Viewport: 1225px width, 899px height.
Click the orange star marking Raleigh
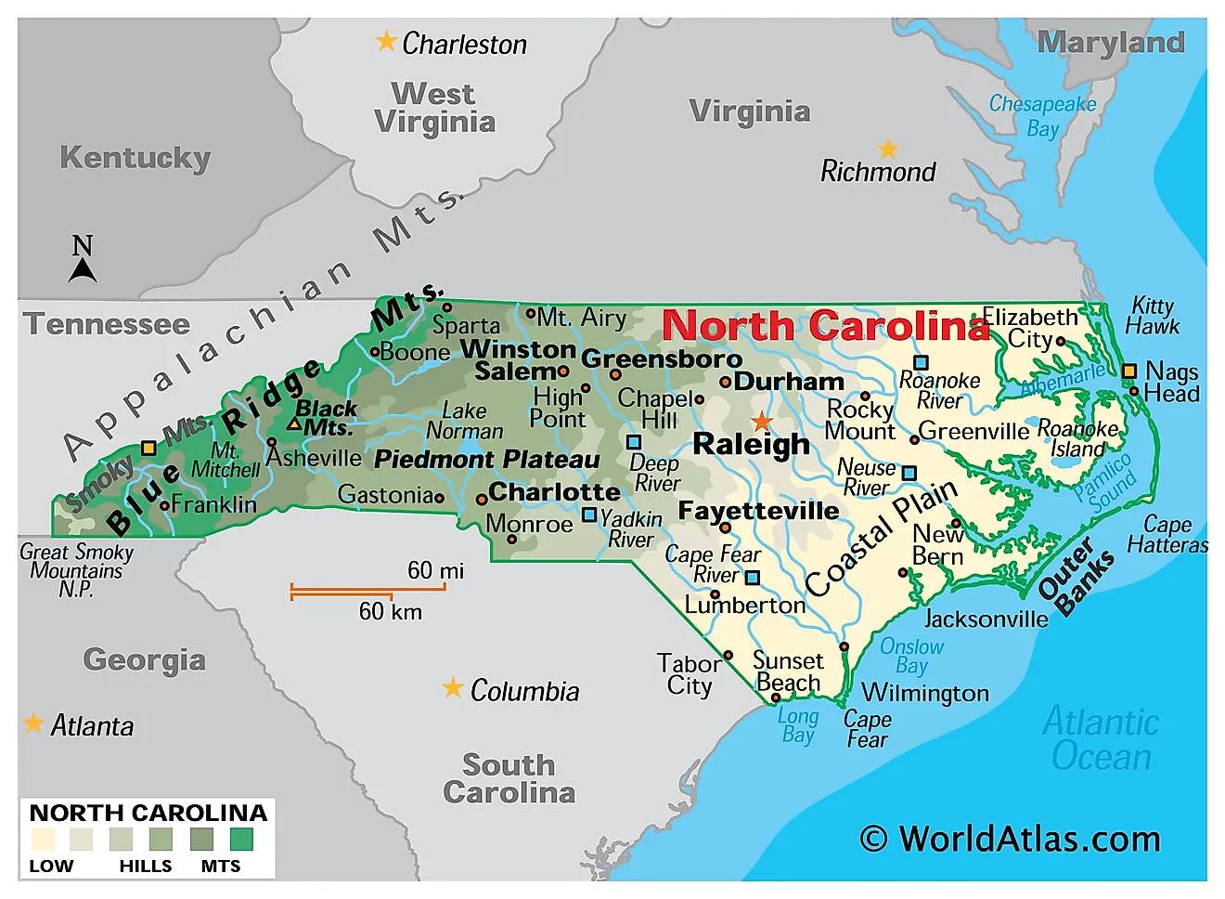pos(761,421)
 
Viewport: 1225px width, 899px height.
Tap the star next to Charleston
pos(386,41)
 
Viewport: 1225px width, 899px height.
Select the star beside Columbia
pos(452,688)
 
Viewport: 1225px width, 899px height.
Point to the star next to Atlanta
pos(33,723)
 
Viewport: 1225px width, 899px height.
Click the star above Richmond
pos(888,149)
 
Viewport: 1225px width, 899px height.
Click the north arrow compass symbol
pos(83,260)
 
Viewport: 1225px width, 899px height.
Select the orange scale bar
pos(367,591)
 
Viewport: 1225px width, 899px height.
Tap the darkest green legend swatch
pos(241,840)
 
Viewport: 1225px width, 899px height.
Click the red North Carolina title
pos(826,326)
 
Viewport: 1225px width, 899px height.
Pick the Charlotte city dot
pos(482,499)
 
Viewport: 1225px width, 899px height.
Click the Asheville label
pos(314,458)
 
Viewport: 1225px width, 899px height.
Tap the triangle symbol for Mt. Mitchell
pos(293,424)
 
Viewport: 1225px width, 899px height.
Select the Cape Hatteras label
pos(1167,535)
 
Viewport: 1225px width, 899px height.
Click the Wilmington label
pos(925,693)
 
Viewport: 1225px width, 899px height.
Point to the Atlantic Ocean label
pos(1101,739)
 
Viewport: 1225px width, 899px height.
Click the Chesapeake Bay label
pos(1042,116)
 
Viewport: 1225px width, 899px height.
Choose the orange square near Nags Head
pos(1128,371)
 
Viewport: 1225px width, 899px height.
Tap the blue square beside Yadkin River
pos(589,515)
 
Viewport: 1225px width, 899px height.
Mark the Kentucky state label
pos(135,158)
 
